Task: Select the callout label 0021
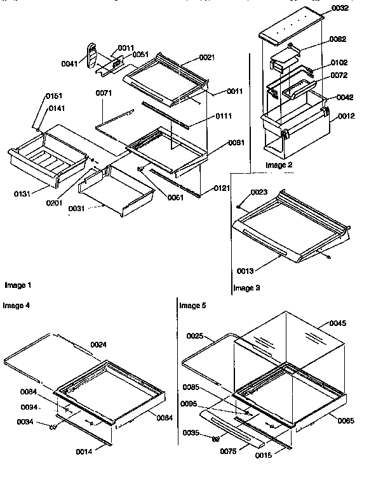[x=206, y=58]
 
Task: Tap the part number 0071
[x=104, y=93]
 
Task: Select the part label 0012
[x=346, y=116]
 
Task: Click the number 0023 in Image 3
[x=258, y=192]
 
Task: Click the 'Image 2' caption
[x=278, y=165]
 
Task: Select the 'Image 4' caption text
[x=17, y=305]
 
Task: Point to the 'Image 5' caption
[x=192, y=305]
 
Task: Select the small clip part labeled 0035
[x=215, y=438]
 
